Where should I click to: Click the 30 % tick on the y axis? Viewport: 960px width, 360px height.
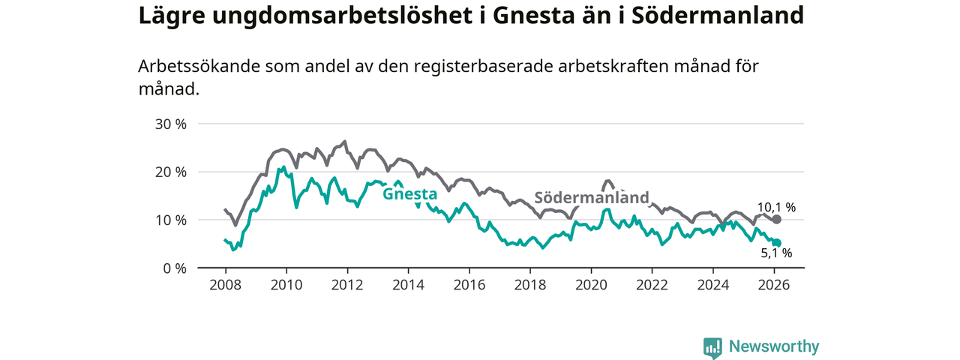pyautogui.click(x=170, y=124)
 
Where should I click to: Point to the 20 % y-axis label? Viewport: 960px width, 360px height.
pyautogui.click(x=170, y=172)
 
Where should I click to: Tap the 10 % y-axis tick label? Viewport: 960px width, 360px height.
pyautogui.click(x=170, y=220)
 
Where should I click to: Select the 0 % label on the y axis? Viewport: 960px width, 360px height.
pyautogui.click(x=174, y=268)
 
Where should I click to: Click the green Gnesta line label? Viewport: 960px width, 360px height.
pyautogui.click(x=409, y=194)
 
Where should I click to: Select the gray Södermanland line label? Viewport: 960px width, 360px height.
pyautogui.click(x=591, y=198)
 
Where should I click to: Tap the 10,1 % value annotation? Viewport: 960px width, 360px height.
pyautogui.click(x=775, y=207)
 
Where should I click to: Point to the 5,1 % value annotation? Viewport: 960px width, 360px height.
pyautogui.click(x=776, y=253)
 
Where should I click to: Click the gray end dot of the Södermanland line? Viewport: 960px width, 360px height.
pyautogui.click(x=776, y=219)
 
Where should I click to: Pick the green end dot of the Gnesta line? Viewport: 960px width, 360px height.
pyautogui.click(x=776, y=243)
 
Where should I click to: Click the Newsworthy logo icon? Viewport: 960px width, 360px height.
pyautogui.click(x=712, y=347)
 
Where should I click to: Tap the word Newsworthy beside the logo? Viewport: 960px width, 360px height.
pyautogui.click(x=774, y=346)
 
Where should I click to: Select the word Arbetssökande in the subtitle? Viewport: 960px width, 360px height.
pyautogui.click(x=199, y=66)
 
